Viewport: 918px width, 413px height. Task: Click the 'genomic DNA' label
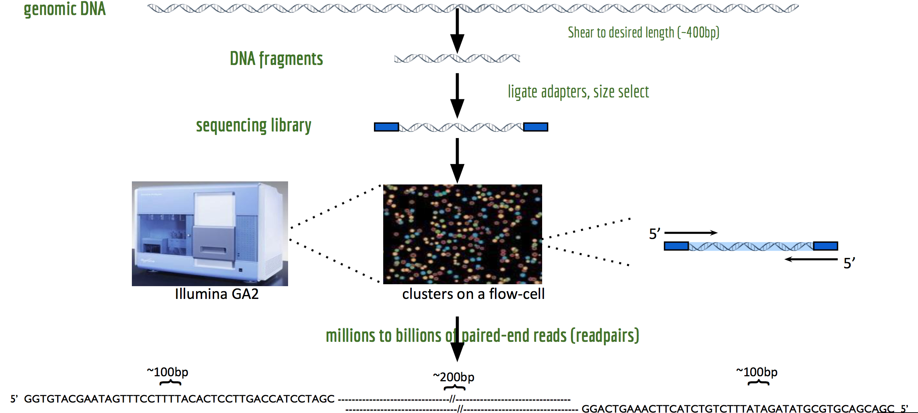[65, 9]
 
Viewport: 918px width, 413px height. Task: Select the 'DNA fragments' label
[276, 59]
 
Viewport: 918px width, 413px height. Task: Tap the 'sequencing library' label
[254, 125]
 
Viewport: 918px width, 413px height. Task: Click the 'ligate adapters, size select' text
[578, 92]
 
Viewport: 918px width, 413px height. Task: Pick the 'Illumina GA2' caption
[217, 294]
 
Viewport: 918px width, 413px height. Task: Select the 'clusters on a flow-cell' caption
[473, 294]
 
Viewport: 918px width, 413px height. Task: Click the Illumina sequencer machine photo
[210, 234]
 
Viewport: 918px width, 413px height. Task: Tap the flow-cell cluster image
[462, 234]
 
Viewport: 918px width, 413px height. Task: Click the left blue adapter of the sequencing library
[386, 127]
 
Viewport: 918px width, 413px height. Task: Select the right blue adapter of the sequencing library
[536, 127]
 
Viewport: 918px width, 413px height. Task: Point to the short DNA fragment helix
[457, 59]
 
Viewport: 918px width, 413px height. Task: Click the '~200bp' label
[454, 377]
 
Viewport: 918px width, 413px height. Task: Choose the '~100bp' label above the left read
[167, 372]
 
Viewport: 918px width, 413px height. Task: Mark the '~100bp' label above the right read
[757, 372]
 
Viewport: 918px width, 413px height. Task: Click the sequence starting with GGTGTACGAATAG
[179, 399]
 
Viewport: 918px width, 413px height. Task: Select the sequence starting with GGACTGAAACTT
[738, 409]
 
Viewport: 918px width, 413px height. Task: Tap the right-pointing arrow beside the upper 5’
[691, 233]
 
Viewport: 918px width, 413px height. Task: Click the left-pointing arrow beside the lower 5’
[811, 259]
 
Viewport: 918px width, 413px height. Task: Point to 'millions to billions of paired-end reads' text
[483, 336]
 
